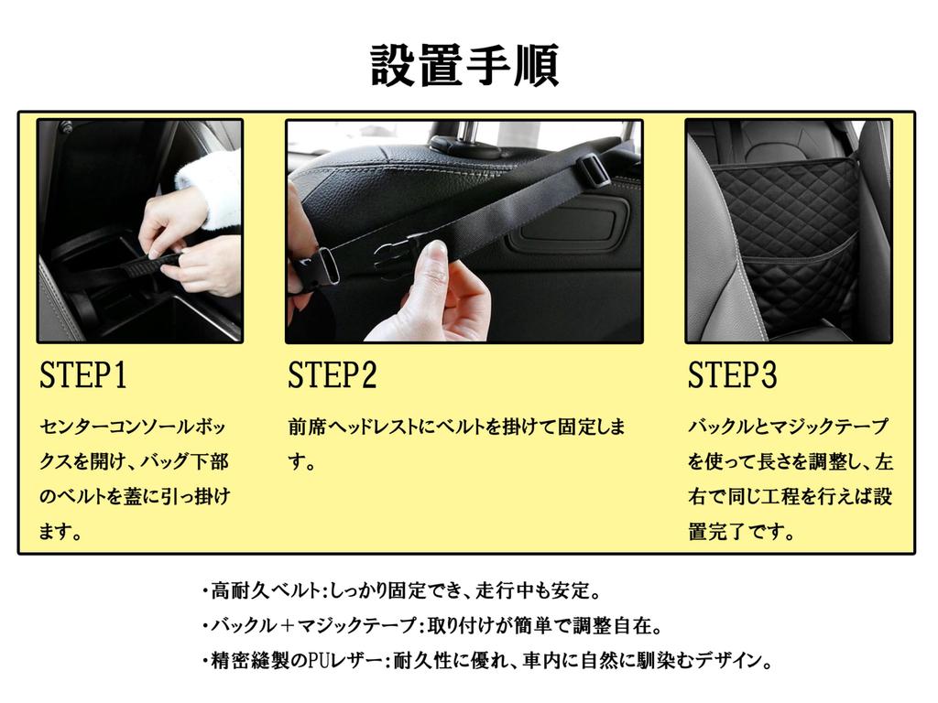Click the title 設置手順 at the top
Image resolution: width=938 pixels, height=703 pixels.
(x=464, y=66)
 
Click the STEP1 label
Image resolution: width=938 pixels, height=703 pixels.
(x=83, y=376)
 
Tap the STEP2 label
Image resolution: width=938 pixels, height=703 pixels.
(x=332, y=376)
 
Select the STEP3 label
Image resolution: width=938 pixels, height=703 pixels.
(x=733, y=376)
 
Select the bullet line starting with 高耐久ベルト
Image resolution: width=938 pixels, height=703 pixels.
(x=401, y=590)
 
